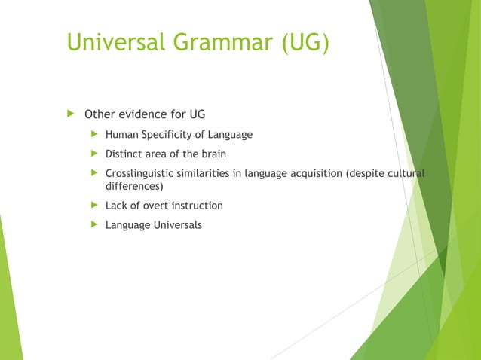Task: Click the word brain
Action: pyautogui.click(x=212, y=154)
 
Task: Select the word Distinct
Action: pyautogui.click(x=124, y=154)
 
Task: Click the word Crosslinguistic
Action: pyautogui.click(x=140, y=174)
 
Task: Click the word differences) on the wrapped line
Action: pyautogui.click(x=134, y=186)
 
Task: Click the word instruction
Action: pyautogui.click(x=198, y=206)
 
